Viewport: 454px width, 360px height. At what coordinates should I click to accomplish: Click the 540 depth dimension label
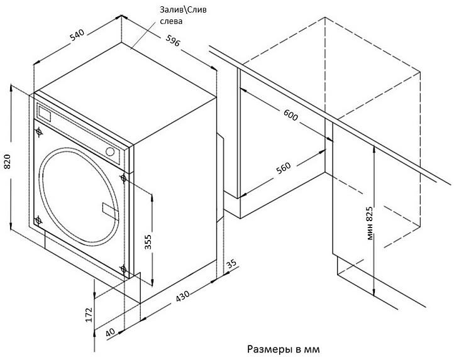(77, 35)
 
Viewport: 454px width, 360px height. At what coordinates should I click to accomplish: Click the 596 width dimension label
(173, 40)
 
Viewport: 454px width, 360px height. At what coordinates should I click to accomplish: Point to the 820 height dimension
(7, 161)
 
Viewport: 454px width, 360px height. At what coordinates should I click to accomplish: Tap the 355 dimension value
(148, 242)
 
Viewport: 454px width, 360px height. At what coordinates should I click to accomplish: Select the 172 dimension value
(89, 315)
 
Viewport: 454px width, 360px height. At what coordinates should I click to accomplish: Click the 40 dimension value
(110, 332)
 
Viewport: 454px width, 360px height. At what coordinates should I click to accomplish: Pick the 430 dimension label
(183, 295)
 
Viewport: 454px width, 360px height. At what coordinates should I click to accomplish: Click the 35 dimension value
(231, 264)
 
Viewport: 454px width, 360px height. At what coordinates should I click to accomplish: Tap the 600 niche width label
(291, 115)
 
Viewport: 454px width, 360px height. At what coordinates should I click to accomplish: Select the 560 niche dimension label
(284, 168)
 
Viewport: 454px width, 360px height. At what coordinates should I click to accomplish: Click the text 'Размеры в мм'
(284, 349)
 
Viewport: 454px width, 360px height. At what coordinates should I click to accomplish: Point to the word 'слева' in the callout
(171, 21)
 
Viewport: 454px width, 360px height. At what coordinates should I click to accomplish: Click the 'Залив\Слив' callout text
(183, 10)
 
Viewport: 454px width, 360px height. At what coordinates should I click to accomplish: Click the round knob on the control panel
(110, 151)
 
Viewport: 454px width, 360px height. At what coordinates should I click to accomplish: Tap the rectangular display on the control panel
(45, 114)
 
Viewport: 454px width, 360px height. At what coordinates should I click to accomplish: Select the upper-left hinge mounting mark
(39, 132)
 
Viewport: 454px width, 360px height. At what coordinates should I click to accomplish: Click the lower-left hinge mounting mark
(38, 221)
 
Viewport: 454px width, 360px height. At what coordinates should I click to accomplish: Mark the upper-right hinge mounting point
(124, 178)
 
